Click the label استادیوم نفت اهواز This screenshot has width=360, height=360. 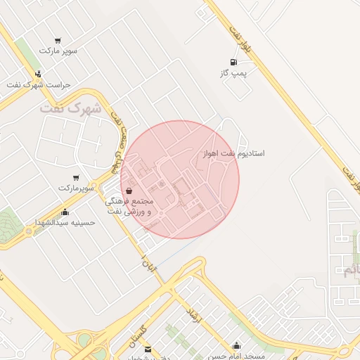[x=233, y=153]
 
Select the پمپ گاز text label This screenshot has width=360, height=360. [x=233, y=72]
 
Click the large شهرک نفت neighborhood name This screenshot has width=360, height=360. [x=71, y=109]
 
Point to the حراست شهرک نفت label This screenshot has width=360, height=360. [x=39, y=84]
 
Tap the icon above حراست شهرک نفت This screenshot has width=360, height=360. [x=38, y=74]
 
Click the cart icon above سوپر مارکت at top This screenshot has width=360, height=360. [x=57, y=41]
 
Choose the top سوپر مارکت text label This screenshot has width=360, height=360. [x=57, y=51]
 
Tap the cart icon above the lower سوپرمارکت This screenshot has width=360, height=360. [x=76, y=178]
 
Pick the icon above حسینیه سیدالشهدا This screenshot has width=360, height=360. [x=65, y=212]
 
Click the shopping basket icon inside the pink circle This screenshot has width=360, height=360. [x=129, y=191]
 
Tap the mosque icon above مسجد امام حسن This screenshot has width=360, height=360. [x=237, y=345]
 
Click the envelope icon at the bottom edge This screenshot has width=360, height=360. [x=148, y=349]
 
